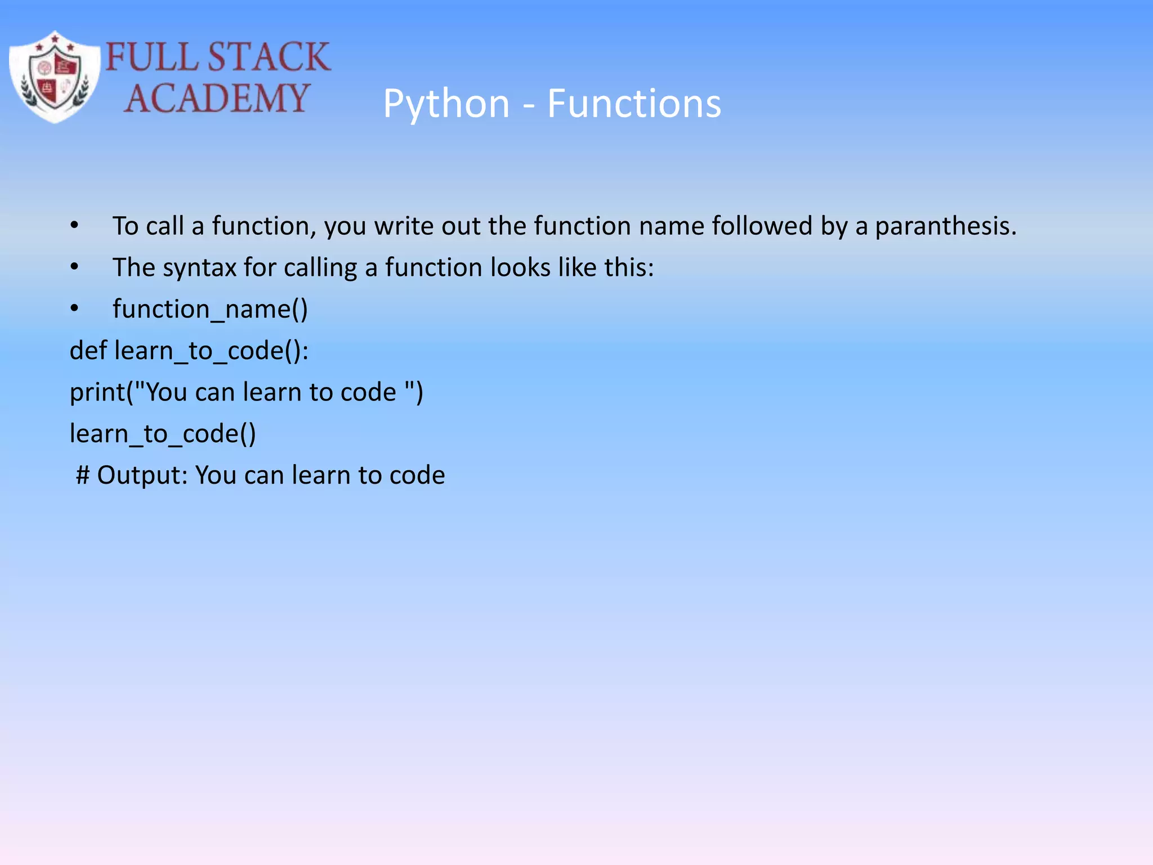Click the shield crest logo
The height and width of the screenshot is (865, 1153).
(x=55, y=77)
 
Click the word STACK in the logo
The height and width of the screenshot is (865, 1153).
(x=269, y=57)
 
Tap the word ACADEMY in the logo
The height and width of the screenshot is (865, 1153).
(x=217, y=98)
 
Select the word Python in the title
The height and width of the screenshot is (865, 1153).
(x=446, y=104)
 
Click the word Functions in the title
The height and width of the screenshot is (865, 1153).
(x=634, y=104)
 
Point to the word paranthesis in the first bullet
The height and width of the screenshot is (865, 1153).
(x=945, y=226)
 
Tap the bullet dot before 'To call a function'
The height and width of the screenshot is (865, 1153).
(x=74, y=226)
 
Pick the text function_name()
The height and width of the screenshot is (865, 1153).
(x=210, y=309)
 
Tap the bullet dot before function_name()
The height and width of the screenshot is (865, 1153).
(x=74, y=309)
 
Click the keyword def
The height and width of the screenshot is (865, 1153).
(x=88, y=350)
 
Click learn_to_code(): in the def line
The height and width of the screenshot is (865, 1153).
(x=211, y=351)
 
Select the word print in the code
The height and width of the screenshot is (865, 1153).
(x=97, y=393)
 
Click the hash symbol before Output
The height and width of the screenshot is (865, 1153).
(x=83, y=475)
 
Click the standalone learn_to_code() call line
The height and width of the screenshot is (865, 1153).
(x=163, y=434)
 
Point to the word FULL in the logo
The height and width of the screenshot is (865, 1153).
(x=151, y=57)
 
